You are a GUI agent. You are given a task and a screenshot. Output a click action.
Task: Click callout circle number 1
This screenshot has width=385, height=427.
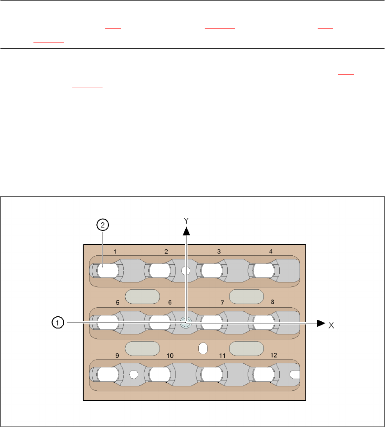pyautogui.click(x=57, y=323)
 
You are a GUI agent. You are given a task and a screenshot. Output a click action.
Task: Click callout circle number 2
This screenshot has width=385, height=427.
pyautogui.click(x=103, y=225)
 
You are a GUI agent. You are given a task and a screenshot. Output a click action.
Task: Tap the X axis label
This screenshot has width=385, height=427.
pyautogui.click(x=331, y=325)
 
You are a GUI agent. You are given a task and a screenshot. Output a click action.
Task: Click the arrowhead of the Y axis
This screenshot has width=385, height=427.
pyautogui.click(x=186, y=231)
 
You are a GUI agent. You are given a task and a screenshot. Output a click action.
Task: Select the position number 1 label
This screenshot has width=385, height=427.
pyautogui.click(x=116, y=251)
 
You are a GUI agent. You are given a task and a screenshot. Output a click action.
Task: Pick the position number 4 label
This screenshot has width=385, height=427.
pyautogui.click(x=271, y=251)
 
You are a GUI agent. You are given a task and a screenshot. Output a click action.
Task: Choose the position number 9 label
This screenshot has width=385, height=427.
pyautogui.click(x=117, y=356)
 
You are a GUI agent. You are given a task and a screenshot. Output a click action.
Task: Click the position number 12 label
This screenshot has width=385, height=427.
pyautogui.click(x=273, y=356)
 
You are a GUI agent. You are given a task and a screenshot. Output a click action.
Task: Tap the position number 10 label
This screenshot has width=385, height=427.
pyautogui.click(x=170, y=356)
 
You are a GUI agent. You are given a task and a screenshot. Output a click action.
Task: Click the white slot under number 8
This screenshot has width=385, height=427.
pyautogui.click(x=263, y=323)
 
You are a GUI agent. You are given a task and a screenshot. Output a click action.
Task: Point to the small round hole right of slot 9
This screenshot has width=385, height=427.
pyautogui.click(x=133, y=374)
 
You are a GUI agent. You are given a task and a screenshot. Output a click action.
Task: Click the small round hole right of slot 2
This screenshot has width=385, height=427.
pyautogui.click(x=185, y=271)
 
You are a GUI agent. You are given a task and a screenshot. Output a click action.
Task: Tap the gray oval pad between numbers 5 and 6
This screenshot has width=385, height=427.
pyautogui.click(x=142, y=296)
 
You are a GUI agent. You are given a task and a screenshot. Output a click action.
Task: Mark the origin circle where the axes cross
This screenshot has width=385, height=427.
pyautogui.click(x=185, y=323)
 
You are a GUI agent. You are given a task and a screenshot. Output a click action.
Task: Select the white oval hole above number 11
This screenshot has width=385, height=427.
pyautogui.click(x=203, y=348)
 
